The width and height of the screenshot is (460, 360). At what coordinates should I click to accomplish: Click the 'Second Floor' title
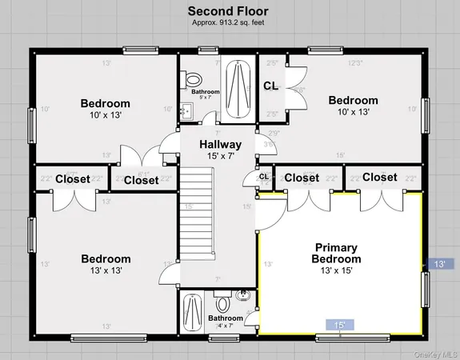(x=227, y=10)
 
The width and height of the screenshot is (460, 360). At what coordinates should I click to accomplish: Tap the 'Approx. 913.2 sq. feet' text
(x=227, y=22)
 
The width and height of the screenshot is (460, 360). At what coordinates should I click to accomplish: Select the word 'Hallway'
(x=221, y=145)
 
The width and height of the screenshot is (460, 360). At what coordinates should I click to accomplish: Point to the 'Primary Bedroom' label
(x=337, y=254)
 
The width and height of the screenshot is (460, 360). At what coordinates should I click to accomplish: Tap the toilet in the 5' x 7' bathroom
(x=192, y=79)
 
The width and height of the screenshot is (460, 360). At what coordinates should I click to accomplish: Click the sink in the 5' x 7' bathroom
(x=186, y=111)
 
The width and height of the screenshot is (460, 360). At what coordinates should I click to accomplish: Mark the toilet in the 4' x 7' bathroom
(x=223, y=304)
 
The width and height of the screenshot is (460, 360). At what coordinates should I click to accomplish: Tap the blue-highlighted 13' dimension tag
(x=439, y=263)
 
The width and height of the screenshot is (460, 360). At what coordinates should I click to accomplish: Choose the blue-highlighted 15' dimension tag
(x=340, y=325)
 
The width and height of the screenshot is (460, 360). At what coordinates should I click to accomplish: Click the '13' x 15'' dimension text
(x=337, y=271)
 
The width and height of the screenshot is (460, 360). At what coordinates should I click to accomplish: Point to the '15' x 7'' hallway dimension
(x=221, y=157)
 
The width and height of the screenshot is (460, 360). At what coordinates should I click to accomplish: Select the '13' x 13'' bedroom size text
(x=106, y=270)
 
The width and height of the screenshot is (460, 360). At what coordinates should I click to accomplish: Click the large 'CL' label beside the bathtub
(x=270, y=86)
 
